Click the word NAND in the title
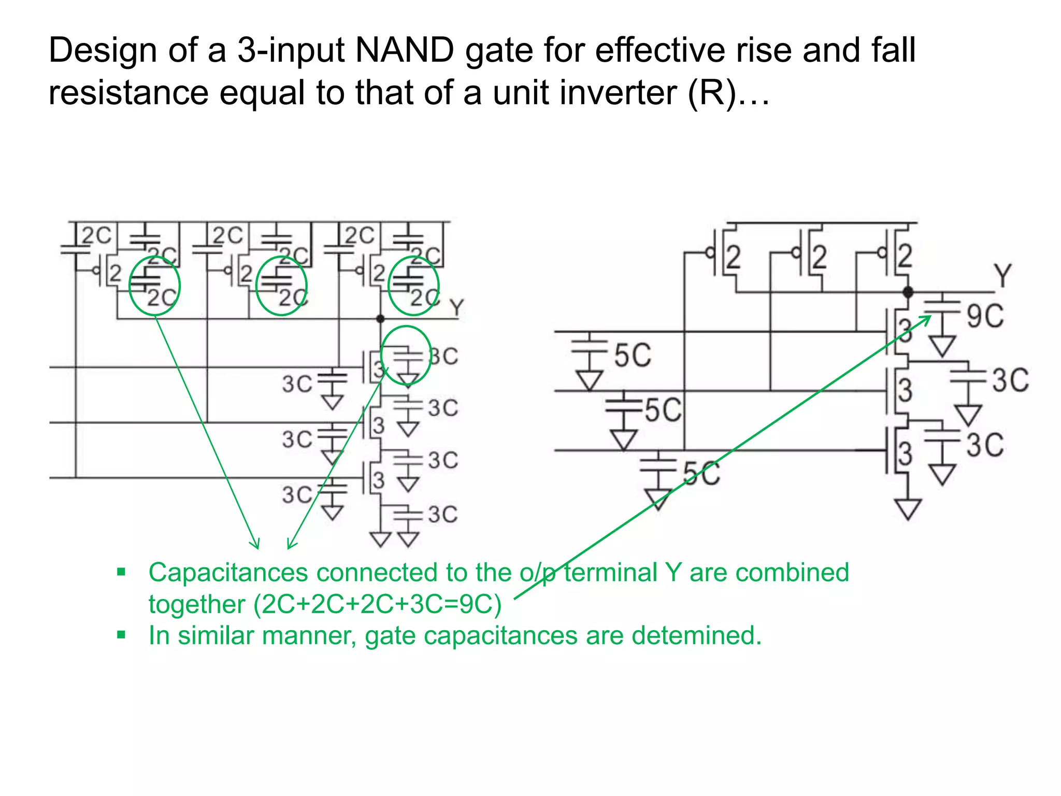pos(405,50)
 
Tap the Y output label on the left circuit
pos(456,308)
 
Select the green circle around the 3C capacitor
pos(406,356)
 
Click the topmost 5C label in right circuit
pos(633,356)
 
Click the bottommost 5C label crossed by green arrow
pos(701,474)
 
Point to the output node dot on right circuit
pos(908,292)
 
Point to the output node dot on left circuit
pos(380,319)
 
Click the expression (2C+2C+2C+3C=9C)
pos(378,604)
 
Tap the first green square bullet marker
pos(121,572)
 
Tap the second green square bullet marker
pos(121,635)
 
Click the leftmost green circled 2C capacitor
pos(154,286)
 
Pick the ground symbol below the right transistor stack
pos(908,508)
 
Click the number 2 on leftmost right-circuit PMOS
pos(733,257)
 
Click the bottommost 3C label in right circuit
pos(984,445)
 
